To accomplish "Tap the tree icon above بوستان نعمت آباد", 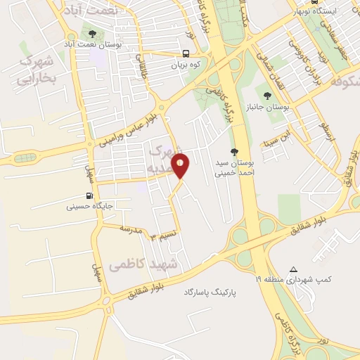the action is click(x=92, y=34).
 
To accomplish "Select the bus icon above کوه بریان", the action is click(x=185, y=53).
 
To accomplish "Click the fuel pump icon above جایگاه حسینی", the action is click(x=89, y=196).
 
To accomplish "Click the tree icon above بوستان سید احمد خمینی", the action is click(x=235, y=152).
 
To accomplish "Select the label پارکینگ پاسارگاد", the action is click(x=210, y=290).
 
